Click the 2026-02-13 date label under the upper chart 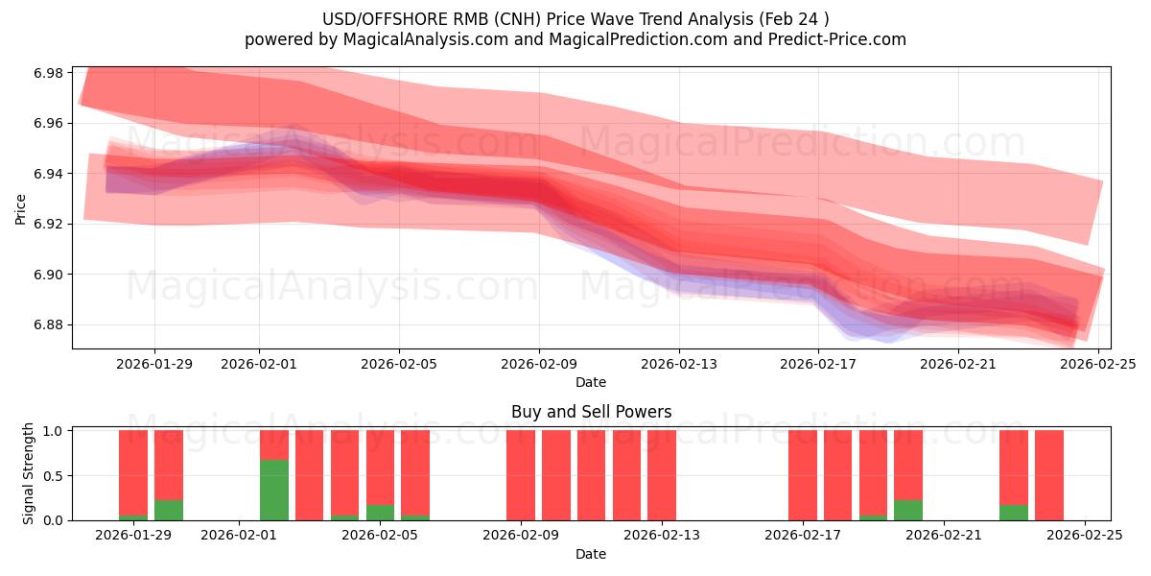coord(679,364)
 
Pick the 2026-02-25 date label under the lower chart coord(1084,535)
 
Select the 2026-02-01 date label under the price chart coord(259,364)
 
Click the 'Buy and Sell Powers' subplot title coord(591,412)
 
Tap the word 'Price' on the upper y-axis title coord(21,208)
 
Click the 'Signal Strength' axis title coord(29,473)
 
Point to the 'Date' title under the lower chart coord(591,554)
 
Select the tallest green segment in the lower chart coord(274,490)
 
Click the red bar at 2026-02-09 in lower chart coord(521,475)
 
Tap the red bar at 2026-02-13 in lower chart coord(662,475)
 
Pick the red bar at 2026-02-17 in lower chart coord(803,475)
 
